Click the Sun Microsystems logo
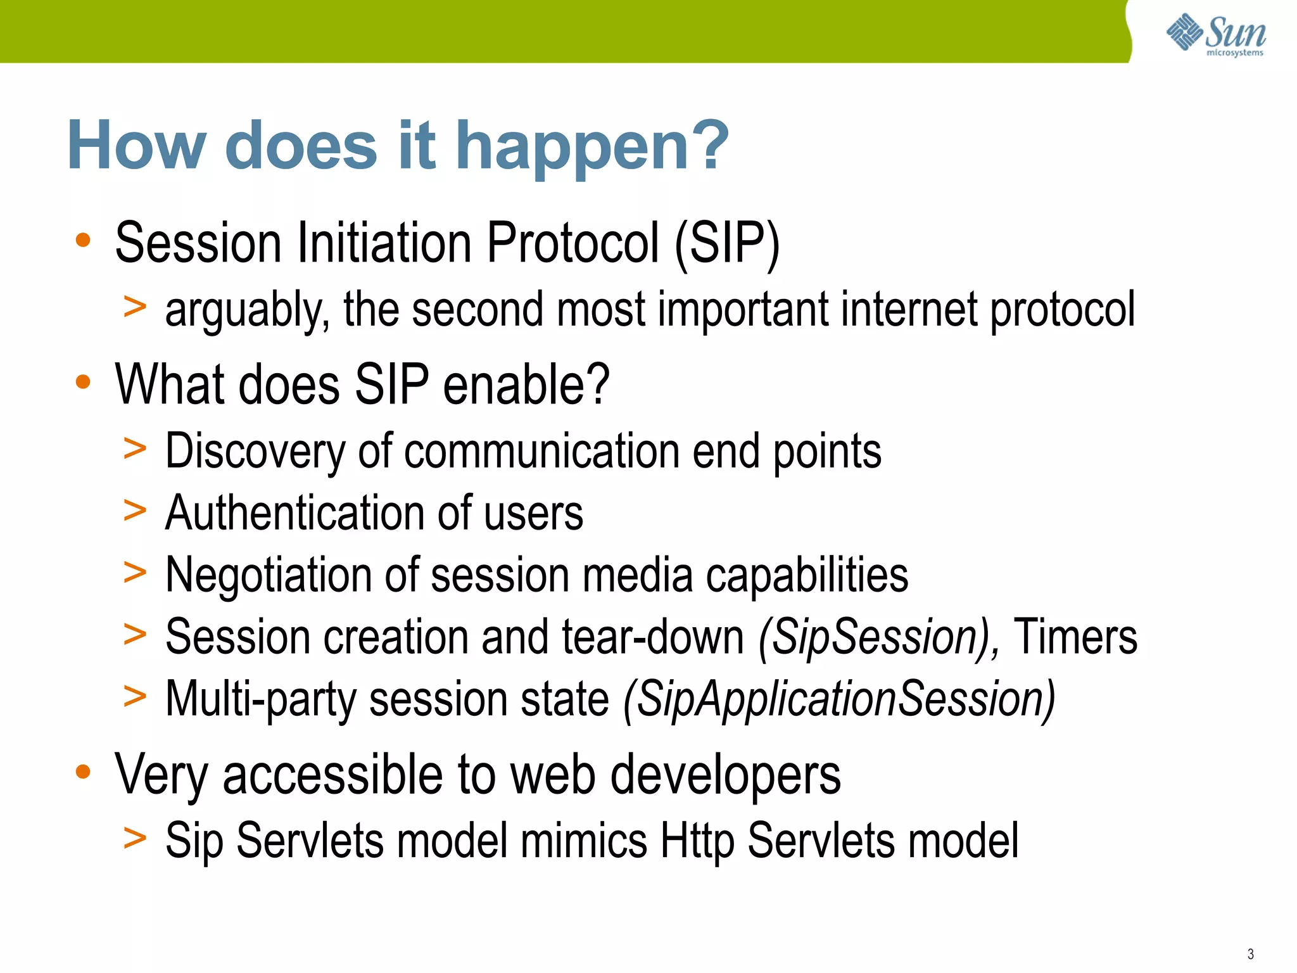click(1215, 34)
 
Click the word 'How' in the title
click(136, 147)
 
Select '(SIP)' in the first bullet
click(726, 244)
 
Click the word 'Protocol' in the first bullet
click(573, 244)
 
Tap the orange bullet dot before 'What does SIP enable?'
click(83, 382)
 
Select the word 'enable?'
click(526, 385)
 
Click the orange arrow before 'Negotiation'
click(135, 572)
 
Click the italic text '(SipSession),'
click(879, 637)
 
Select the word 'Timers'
click(1075, 637)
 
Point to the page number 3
click(1250, 954)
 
